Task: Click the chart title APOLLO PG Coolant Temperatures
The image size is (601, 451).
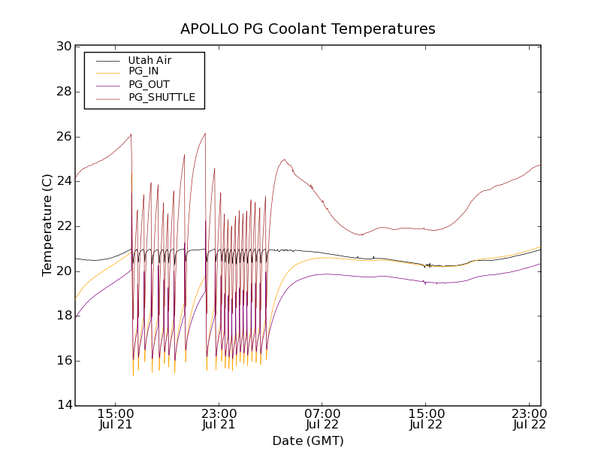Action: [x=308, y=29]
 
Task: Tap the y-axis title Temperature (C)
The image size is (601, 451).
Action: [x=47, y=225]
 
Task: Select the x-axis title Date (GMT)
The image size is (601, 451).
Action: [x=308, y=440]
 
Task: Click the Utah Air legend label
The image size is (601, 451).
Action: [x=149, y=60]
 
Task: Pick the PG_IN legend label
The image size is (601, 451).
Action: [x=143, y=72]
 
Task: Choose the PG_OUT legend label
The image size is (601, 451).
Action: [x=149, y=85]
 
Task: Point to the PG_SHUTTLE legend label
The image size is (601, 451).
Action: [x=162, y=97]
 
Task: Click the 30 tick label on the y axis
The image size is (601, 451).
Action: [x=64, y=47]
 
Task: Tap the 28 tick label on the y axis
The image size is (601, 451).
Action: [x=64, y=92]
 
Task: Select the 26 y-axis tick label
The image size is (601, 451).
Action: [x=64, y=137]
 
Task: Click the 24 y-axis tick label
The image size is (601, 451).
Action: [x=64, y=181]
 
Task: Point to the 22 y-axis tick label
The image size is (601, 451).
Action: [x=64, y=226]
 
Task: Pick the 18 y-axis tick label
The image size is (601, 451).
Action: [x=64, y=316]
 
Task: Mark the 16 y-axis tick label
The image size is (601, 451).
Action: [x=64, y=361]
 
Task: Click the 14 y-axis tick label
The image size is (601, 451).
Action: [x=64, y=406]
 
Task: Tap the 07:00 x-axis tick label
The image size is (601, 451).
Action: [x=323, y=413]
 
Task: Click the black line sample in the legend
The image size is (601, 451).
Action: [x=104, y=60]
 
